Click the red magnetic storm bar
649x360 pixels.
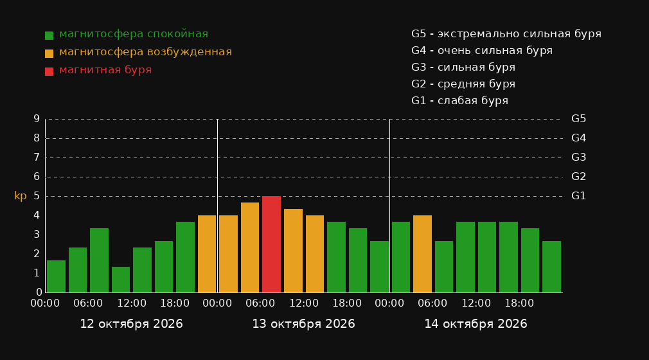coord(272,244)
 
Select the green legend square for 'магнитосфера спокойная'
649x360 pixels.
coord(49,35)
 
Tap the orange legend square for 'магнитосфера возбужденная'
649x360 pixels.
coord(49,53)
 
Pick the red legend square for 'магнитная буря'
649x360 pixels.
coord(49,71)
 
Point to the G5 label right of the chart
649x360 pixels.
coord(578,119)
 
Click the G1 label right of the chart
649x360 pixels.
coord(578,196)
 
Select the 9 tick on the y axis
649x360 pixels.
coord(37,119)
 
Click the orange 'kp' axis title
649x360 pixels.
coord(21,196)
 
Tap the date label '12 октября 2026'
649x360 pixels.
coord(131,324)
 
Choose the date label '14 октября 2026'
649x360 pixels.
coord(476,324)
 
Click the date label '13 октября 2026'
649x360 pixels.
coord(303,324)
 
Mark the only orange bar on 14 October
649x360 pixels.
coord(422,254)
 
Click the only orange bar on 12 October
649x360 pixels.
coord(207,254)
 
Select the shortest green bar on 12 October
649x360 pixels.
coord(121,280)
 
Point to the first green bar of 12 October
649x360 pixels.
coord(57,276)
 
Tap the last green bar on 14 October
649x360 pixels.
coord(552,267)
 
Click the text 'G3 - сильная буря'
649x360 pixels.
coord(463,67)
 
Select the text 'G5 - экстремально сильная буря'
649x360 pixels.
coord(506,34)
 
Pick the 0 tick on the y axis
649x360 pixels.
coord(39,292)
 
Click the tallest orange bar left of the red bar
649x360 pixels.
coord(250,248)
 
